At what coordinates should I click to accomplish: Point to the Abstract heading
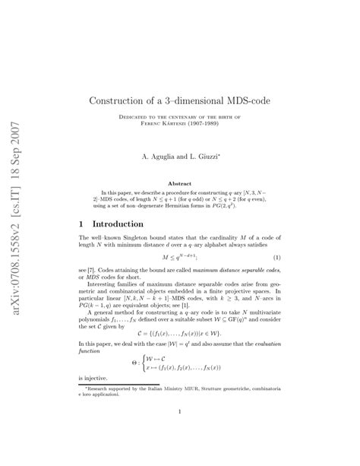click(179, 183)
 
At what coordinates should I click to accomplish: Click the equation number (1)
click(277, 258)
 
